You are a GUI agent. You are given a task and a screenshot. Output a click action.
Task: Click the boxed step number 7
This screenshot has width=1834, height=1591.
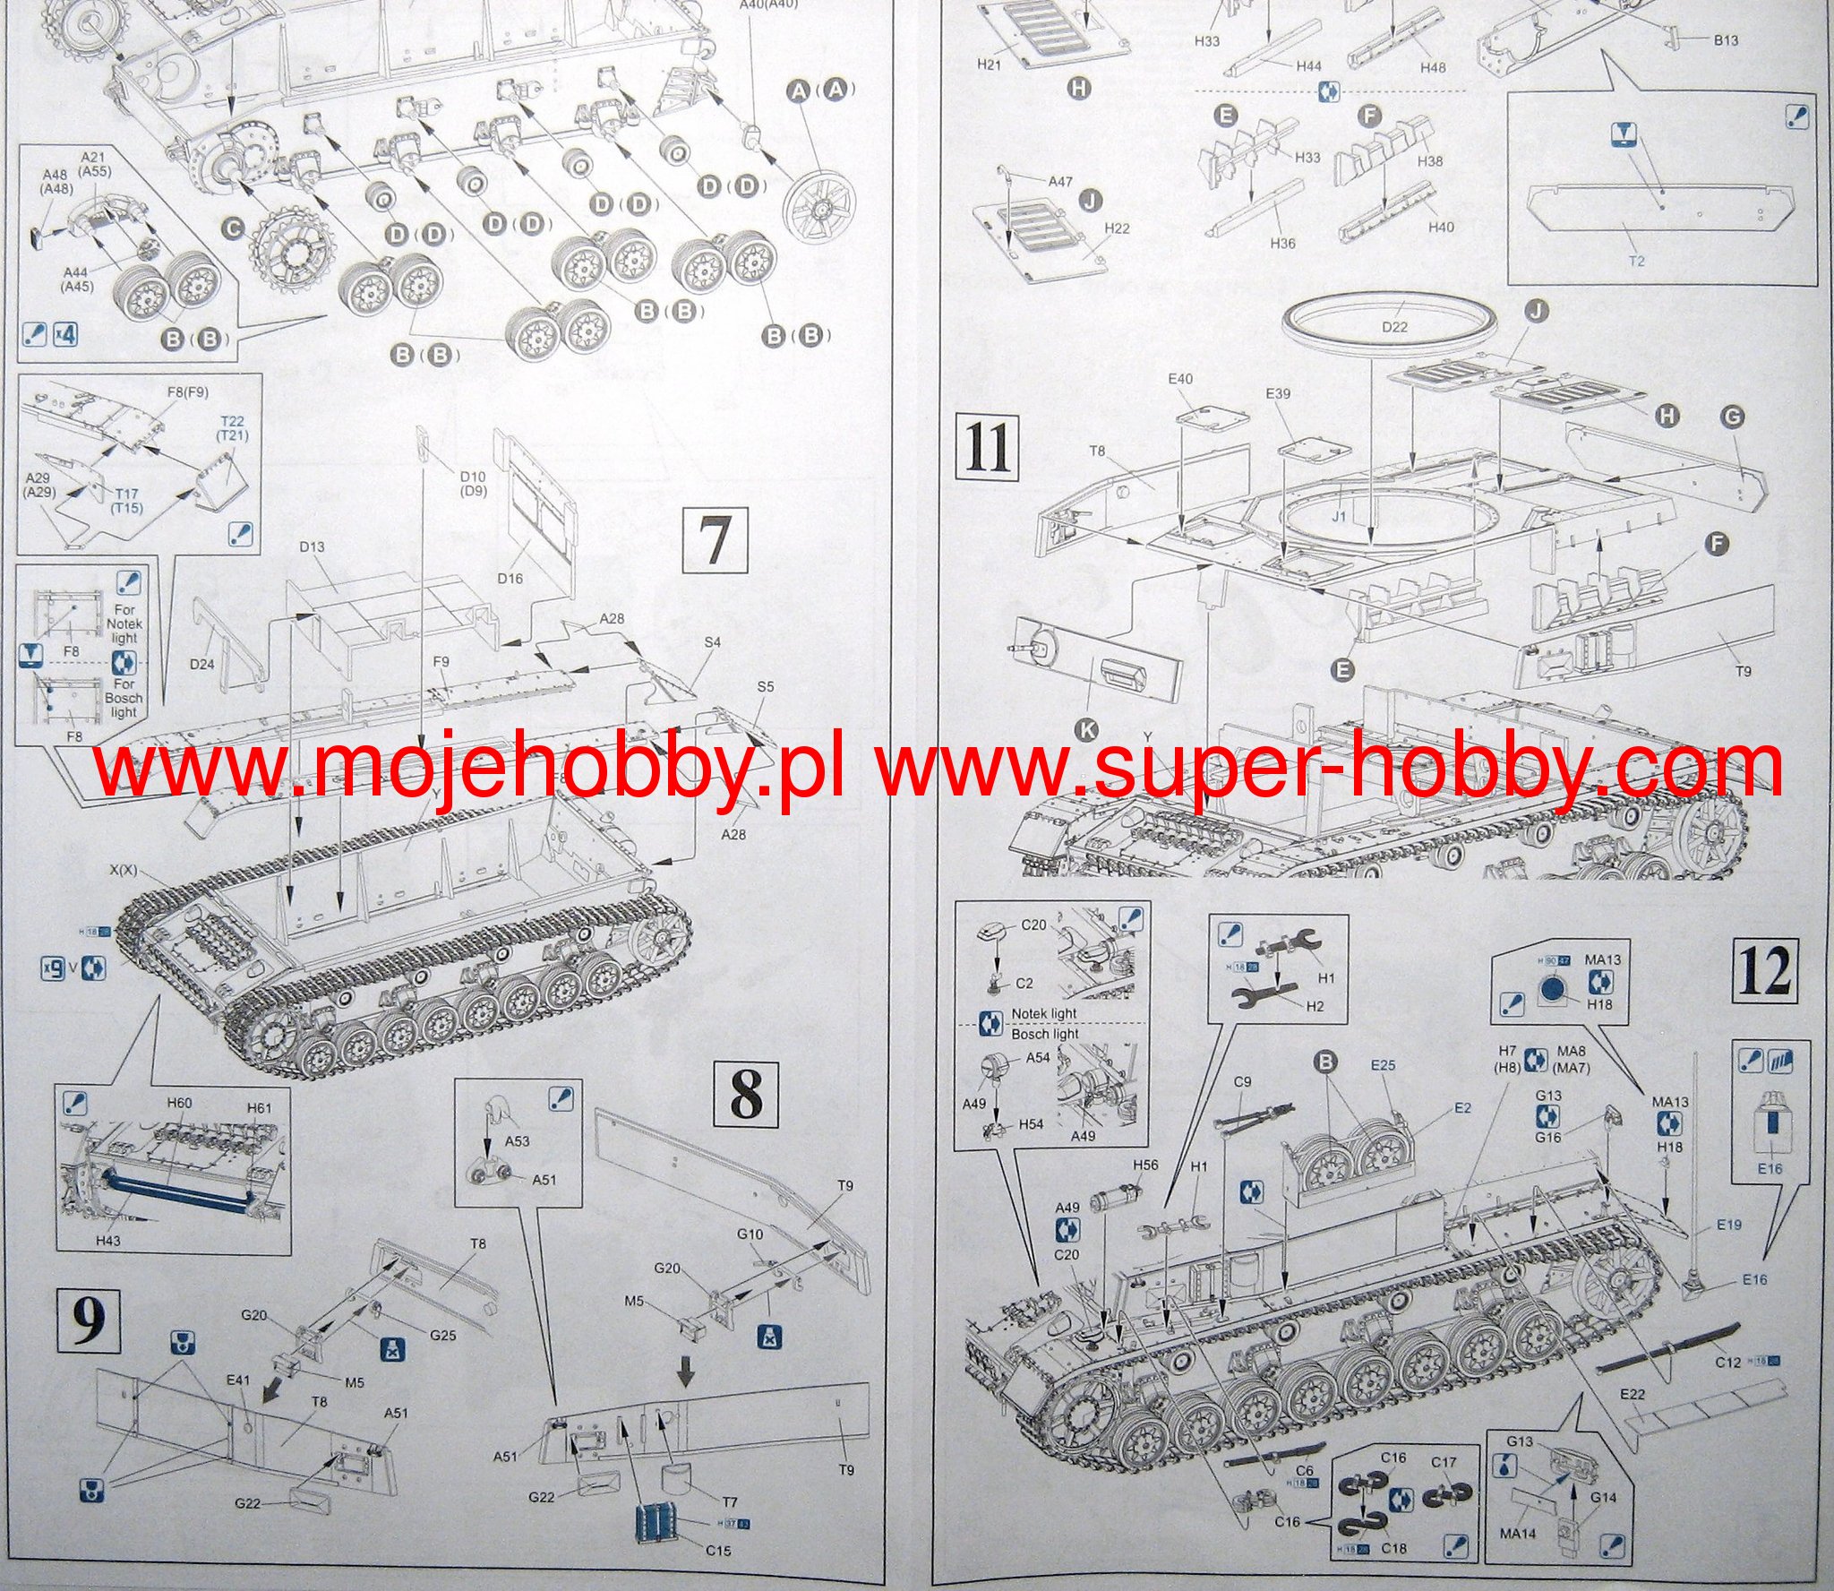[714, 539]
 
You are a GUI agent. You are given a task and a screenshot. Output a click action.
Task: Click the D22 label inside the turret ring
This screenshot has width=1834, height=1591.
[1394, 327]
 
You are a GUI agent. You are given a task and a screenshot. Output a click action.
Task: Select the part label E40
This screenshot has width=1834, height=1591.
[1181, 379]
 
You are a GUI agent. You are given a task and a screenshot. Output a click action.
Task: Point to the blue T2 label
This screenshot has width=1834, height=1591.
[1638, 261]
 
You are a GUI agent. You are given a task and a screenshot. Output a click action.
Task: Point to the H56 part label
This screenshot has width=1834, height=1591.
[1145, 1165]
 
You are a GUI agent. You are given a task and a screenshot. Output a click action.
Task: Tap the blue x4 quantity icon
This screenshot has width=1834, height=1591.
[66, 334]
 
